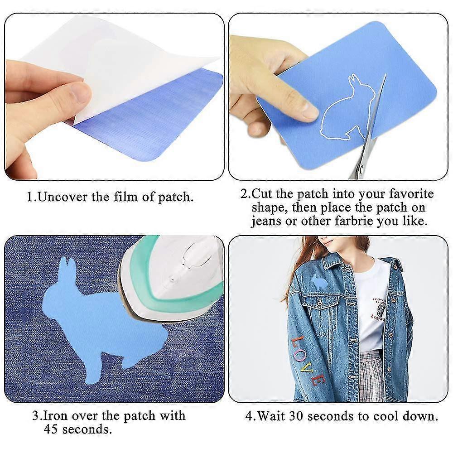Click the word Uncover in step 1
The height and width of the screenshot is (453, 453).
click(56, 197)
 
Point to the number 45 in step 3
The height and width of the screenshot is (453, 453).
click(52, 429)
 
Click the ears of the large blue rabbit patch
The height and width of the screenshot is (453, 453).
click(67, 267)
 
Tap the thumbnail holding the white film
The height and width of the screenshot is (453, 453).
click(82, 93)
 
